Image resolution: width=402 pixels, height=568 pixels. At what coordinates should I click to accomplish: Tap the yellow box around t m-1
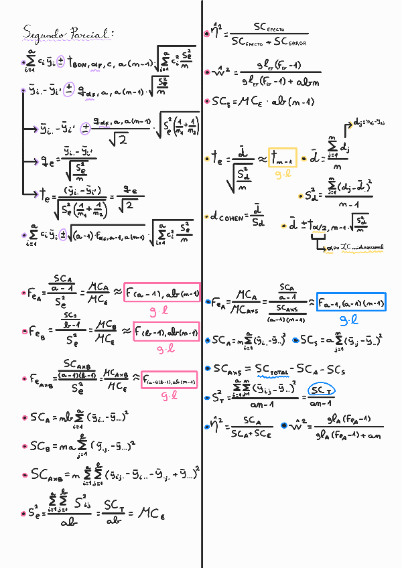point(282,157)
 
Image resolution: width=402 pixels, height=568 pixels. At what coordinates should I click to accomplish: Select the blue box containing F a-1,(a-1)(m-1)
point(351,303)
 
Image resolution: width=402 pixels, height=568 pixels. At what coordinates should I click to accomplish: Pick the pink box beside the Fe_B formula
point(166,332)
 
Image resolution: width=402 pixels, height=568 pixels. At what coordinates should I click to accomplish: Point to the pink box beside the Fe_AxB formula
point(168,381)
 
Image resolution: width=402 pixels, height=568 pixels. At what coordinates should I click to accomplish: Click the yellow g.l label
point(283,174)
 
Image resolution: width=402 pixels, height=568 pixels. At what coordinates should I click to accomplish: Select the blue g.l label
point(349,320)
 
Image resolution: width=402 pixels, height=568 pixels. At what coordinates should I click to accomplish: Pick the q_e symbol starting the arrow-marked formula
point(46,161)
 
